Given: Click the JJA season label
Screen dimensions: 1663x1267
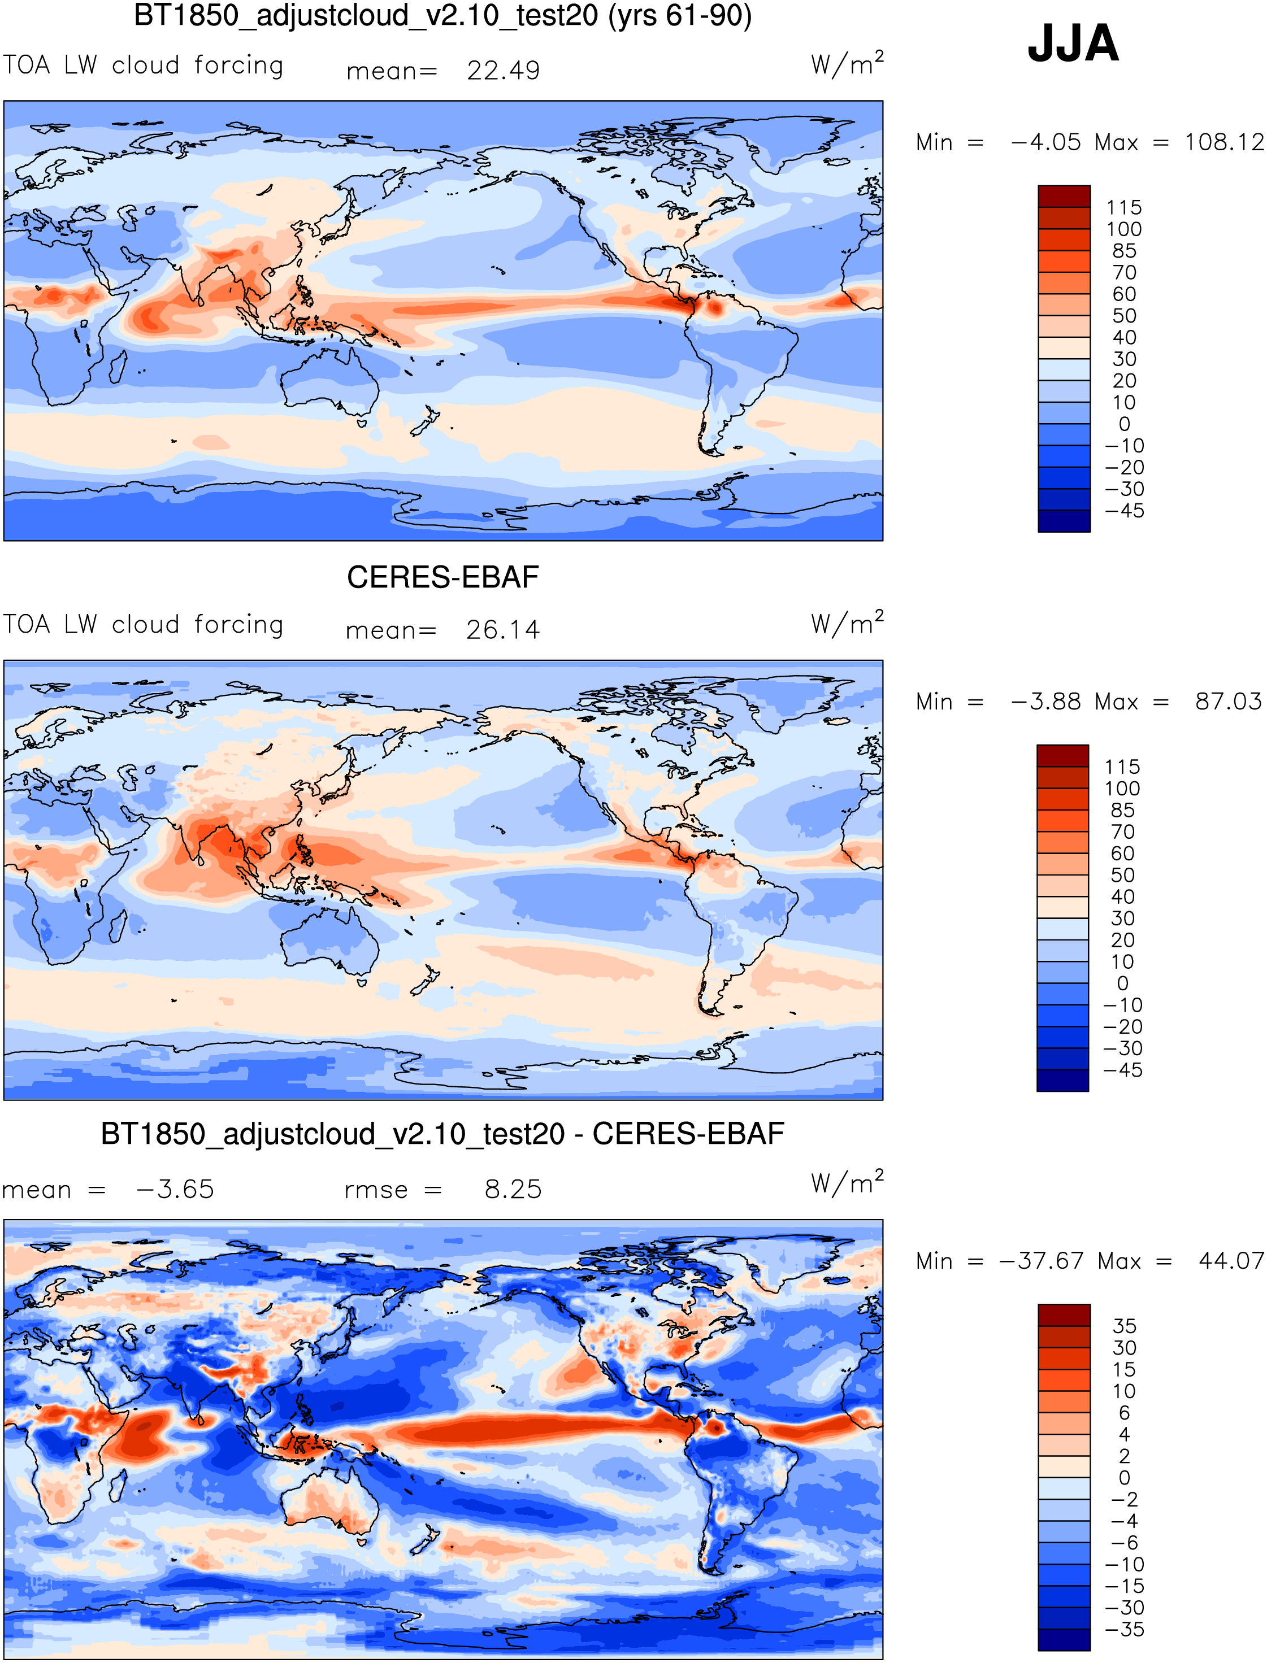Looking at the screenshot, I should [1073, 43].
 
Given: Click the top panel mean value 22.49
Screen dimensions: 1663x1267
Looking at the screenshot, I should [503, 71].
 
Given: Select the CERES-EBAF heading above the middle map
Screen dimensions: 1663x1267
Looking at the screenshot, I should [442, 577].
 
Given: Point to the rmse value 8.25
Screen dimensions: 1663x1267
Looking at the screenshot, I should [513, 1190].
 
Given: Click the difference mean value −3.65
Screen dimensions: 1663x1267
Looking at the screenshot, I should [175, 1190].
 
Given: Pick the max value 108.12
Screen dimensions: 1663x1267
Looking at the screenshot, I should [1223, 142].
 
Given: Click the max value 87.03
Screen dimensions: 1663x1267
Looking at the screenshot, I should [1228, 701].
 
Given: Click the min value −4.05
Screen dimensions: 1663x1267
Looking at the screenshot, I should [1045, 142].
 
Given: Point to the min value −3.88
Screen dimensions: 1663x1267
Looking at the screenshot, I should [1045, 701].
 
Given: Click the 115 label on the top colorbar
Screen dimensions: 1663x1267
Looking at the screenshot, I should [1123, 207].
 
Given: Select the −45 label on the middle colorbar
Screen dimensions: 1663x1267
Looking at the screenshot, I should [1122, 1070].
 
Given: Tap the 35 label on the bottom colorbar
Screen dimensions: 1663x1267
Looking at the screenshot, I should [1123, 1326].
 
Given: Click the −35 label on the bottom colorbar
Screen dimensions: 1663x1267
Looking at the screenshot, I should [1123, 1629].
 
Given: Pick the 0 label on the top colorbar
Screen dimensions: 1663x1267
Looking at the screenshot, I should [1123, 424].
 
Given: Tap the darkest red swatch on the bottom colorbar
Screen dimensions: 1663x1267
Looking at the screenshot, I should [1064, 1314].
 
